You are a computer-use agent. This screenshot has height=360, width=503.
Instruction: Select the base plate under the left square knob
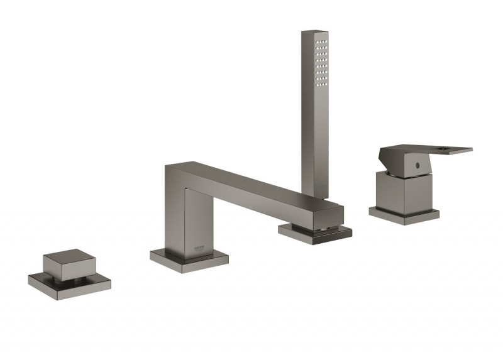(x=69, y=286)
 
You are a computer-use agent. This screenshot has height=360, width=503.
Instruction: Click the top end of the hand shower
(x=314, y=33)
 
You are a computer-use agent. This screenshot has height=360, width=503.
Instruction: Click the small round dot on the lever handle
(x=417, y=165)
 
